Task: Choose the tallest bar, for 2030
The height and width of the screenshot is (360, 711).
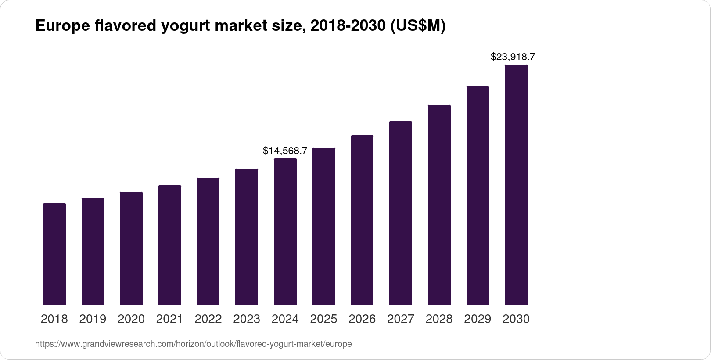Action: [x=516, y=184]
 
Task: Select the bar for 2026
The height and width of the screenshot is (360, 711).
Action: [x=362, y=220]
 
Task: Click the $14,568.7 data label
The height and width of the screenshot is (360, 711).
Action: [x=285, y=151]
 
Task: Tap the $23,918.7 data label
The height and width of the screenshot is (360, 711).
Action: [x=513, y=57]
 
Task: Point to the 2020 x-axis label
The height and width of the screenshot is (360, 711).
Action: [x=131, y=319]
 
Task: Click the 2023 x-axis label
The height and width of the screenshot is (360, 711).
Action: [x=247, y=319]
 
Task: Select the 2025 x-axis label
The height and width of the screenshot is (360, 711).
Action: [x=323, y=319]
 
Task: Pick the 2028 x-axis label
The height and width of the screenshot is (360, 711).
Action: [x=439, y=319]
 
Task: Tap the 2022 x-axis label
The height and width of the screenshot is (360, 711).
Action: [x=208, y=319]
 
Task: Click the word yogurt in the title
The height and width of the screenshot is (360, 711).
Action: [x=186, y=26]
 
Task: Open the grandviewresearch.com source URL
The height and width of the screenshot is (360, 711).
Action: [x=193, y=344]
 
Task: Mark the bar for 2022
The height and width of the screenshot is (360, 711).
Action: [x=208, y=241]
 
